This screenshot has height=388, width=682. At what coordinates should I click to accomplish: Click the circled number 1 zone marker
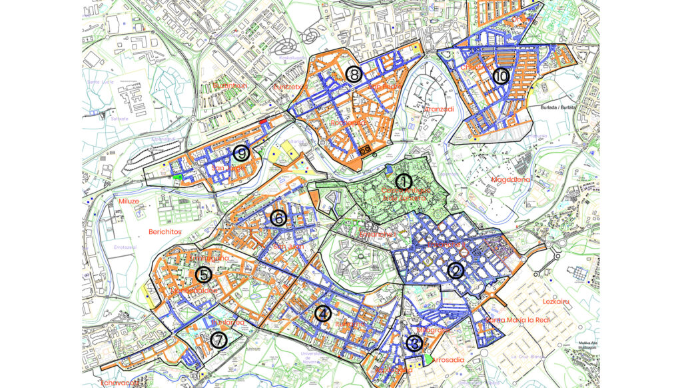point(403,181)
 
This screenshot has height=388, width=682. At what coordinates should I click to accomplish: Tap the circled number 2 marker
point(456,271)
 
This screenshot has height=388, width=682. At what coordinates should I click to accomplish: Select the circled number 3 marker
point(414,343)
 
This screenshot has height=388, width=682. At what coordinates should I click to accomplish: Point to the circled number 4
point(322,313)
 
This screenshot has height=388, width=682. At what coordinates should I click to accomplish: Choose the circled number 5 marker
point(204,274)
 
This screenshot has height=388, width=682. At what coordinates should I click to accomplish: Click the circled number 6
point(278,218)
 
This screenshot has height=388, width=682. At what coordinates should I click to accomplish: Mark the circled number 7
point(218,339)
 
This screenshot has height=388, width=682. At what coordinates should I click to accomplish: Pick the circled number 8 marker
point(354,74)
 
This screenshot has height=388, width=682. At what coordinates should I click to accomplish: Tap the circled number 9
point(241,153)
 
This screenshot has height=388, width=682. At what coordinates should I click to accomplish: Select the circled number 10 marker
point(501,77)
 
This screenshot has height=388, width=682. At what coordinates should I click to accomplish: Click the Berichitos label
point(166,232)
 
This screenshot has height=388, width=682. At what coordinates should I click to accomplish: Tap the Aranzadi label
point(438,109)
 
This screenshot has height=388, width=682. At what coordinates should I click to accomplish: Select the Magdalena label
point(511,179)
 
